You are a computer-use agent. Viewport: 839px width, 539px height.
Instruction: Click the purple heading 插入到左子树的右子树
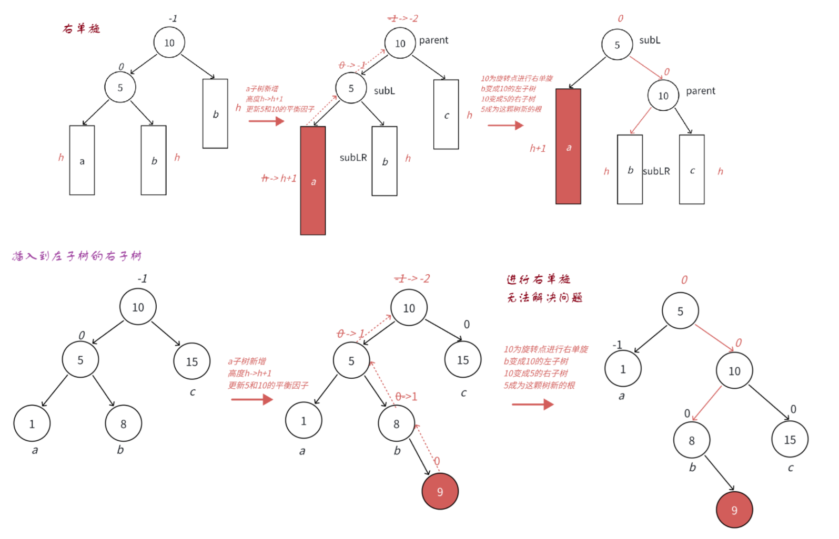pyautogui.click(x=77, y=256)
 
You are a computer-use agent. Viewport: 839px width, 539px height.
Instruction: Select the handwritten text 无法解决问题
pyautogui.click(x=544, y=297)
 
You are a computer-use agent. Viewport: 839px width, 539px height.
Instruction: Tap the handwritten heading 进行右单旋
pyautogui.click(x=538, y=279)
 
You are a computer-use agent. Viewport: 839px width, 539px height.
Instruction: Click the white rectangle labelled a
pyautogui.click(x=82, y=160)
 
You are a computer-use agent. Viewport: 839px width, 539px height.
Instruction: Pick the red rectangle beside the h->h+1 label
pyautogui.click(x=313, y=180)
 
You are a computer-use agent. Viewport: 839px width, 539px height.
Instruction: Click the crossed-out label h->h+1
pyautogui.click(x=279, y=179)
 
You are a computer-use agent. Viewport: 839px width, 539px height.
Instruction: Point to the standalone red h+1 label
pyautogui.click(x=538, y=149)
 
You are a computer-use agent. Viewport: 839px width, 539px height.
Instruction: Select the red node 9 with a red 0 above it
pyautogui.click(x=440, y=491)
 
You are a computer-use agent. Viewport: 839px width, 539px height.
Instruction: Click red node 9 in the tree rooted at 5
pyautogui.click(x=734, y=510)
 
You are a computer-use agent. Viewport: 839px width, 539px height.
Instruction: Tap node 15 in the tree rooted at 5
pyautogui.click(x=790, y=439)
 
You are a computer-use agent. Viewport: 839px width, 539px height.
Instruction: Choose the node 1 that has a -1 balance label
pyautogui.click(x=623, y=369)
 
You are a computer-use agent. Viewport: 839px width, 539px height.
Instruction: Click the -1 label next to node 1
pyautogui.click(x=617, y=345)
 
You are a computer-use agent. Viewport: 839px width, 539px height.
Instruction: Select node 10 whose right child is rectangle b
pyautogui.click(x=169, y=43)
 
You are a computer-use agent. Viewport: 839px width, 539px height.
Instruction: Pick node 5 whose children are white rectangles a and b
pyautogui.click(x=120, y=87)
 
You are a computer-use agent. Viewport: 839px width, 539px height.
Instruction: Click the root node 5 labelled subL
pyautogui.click(x=617, y=45)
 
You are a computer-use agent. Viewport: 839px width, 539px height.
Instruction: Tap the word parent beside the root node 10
pyautogui.click(x=433, y=40)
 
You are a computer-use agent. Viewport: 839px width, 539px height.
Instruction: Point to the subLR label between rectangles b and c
pyautogui.click(x=656, y=171)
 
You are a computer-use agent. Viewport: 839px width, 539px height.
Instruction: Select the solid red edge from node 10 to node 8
pyautogui.click(x=707, y=403)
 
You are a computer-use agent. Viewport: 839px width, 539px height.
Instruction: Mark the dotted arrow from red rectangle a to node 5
pyautogui.click(x=322, y=110)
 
